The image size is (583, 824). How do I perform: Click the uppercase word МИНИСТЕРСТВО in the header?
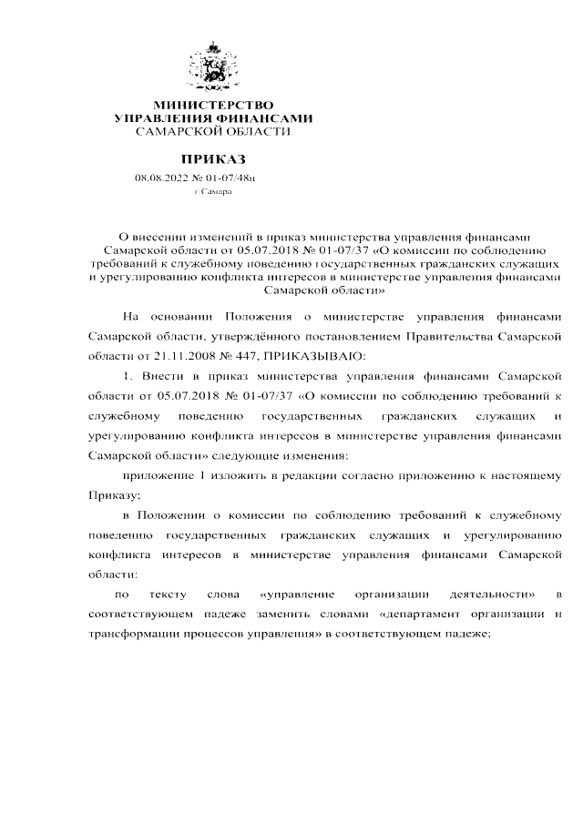coord(213,107)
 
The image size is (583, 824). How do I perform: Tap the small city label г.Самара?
coord(213,193)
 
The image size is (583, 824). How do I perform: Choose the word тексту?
coord(168,595)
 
